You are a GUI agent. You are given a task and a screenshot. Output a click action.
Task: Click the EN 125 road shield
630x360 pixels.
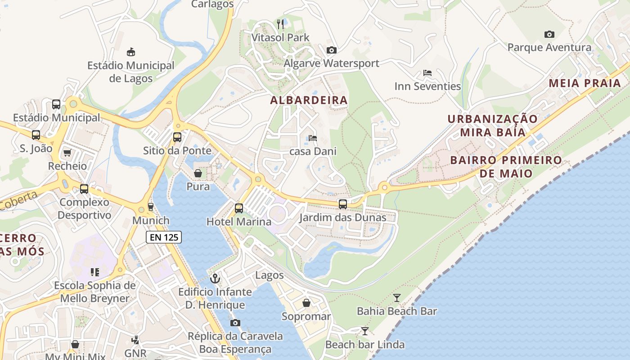163,237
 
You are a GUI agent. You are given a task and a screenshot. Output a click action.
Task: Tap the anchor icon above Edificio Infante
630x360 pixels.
215,279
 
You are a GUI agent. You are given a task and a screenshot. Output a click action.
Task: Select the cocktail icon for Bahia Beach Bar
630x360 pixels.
396,297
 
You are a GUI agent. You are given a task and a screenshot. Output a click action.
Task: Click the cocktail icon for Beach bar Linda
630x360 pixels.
365,331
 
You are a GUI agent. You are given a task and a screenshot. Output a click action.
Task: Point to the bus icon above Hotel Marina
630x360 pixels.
239,208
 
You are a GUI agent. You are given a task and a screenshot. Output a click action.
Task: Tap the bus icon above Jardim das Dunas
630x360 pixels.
343,204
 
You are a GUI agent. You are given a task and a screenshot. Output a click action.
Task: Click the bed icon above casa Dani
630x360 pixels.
313,138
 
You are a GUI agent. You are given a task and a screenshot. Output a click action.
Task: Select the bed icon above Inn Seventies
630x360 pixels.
427,73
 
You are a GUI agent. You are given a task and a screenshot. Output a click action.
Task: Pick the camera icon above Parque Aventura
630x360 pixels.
549,34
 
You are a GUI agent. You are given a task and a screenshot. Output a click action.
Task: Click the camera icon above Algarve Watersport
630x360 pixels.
331,50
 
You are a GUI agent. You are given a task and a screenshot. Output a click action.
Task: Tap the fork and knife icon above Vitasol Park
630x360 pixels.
281,24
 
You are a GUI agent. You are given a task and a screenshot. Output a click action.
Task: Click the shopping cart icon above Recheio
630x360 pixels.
67,153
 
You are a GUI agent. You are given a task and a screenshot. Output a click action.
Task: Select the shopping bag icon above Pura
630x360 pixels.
198,173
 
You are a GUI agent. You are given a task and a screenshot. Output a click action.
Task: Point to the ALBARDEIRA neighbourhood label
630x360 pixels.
309,100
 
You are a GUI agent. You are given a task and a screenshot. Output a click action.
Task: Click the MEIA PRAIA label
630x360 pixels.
585,83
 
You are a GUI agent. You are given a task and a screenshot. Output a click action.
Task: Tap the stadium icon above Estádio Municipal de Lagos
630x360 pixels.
131,52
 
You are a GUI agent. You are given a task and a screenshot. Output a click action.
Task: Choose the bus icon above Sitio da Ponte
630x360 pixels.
177,137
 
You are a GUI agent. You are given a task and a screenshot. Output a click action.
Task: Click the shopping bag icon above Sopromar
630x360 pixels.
306,303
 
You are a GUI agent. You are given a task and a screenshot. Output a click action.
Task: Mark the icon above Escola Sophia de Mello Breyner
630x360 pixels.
94,272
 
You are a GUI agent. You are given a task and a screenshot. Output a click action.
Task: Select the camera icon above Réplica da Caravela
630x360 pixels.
235,323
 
